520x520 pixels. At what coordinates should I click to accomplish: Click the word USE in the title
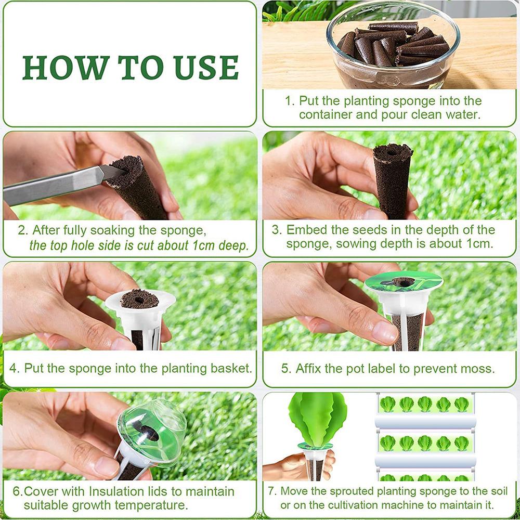206,68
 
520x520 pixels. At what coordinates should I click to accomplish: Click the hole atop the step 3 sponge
392,153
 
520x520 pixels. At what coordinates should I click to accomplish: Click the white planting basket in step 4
140,318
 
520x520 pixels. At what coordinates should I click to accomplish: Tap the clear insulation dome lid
151,433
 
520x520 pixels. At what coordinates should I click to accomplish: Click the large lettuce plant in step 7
317,419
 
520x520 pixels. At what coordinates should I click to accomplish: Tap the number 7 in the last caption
271,491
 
